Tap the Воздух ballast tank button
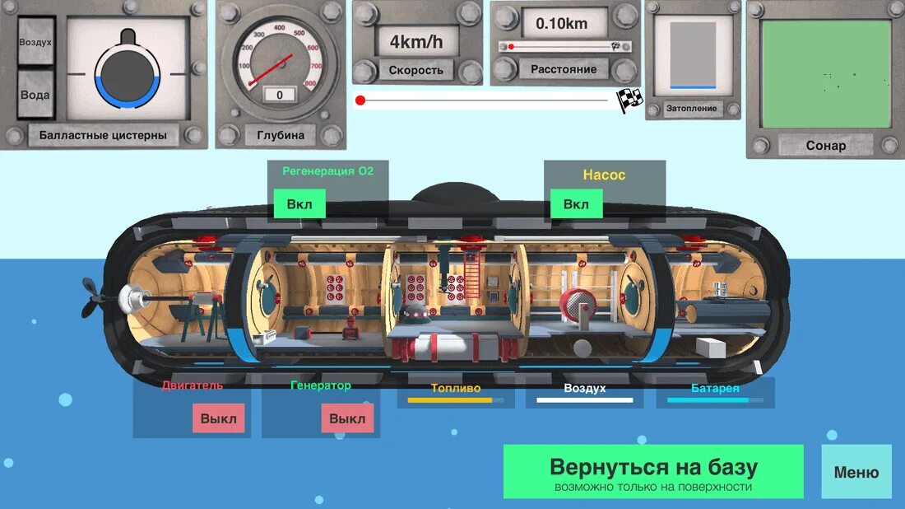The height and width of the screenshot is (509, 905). click(35, 41)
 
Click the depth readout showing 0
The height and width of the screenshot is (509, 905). click(280, 95)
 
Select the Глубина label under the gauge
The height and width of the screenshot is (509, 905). click(281, 135)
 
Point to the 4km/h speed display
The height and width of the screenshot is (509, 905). click(416, 41)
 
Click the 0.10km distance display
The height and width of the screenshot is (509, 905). click(562, 24)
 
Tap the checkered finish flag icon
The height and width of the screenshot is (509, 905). click(629, 100)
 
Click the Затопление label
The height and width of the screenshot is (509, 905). click(691, 108)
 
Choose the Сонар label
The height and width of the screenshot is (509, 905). click(826, 145)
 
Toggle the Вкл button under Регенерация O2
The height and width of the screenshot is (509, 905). click(299, 203)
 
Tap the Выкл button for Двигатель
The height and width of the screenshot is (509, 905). click(218, 418)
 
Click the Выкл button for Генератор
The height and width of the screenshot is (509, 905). click(347, 418)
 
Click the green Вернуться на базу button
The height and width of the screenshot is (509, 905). click(653, 472)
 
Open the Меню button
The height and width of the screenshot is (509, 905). click(856, 472)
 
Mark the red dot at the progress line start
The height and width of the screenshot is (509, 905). click(360, 100)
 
